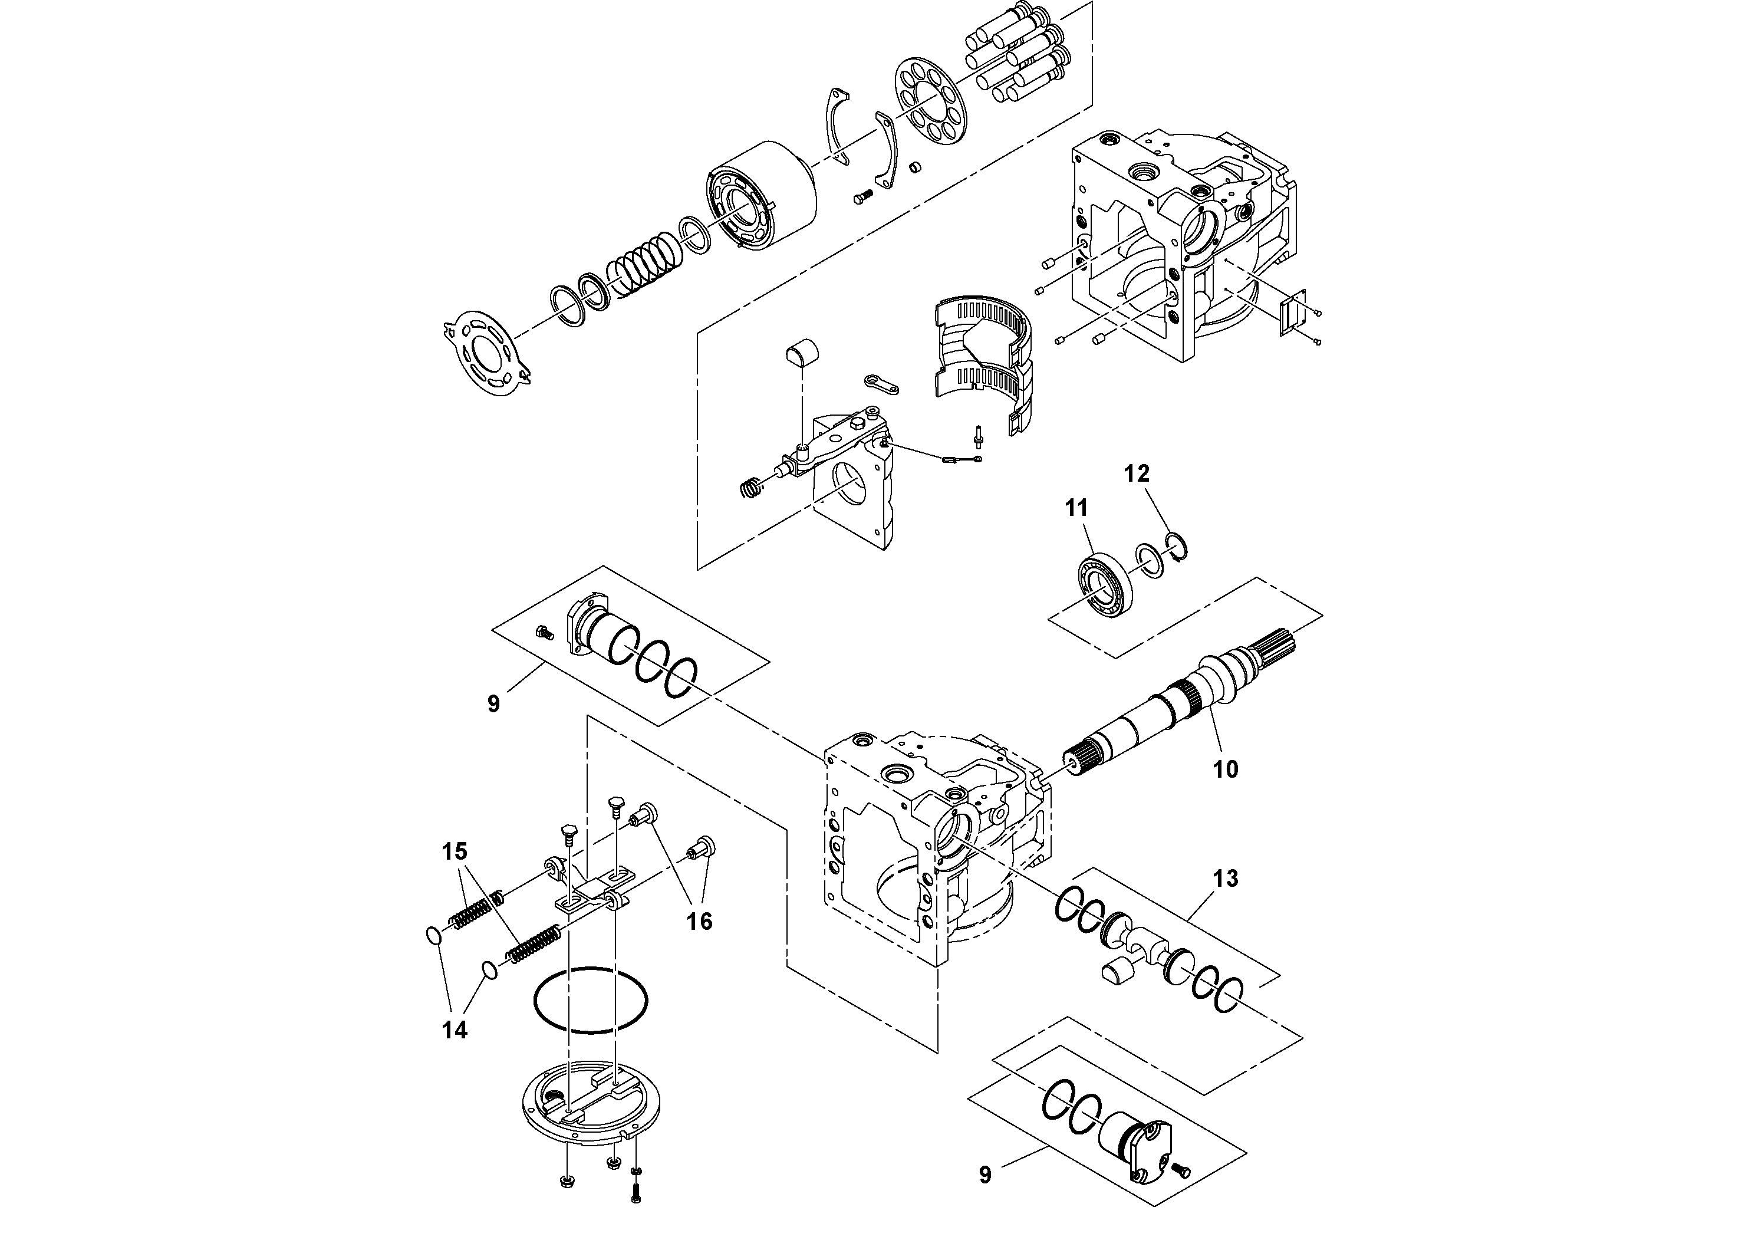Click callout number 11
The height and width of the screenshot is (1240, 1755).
coord(1076,508)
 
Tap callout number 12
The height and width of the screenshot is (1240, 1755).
coord(1137,474)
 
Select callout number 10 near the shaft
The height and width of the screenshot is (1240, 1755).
coord(1225,769)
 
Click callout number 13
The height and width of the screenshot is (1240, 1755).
coord(1225,879)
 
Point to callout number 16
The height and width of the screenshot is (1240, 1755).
coord(699,921)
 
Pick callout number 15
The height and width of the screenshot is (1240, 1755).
coord(454,851)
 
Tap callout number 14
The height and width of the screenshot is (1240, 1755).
coord(454,1030)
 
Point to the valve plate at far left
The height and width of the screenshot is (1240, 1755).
coord(489,353)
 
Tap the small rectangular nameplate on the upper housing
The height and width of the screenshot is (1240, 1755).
coord(1294,314)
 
